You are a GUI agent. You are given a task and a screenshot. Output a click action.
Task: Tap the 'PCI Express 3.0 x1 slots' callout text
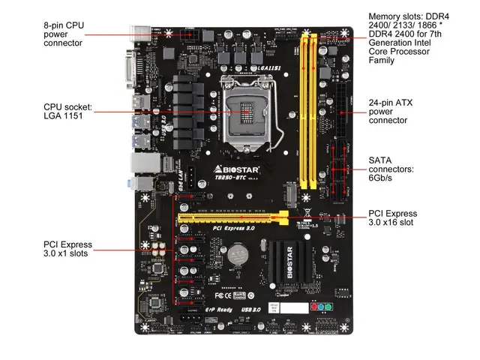[x=67, y=249]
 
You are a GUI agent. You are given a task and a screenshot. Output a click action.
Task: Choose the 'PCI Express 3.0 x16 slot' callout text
[x=391, y=218]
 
